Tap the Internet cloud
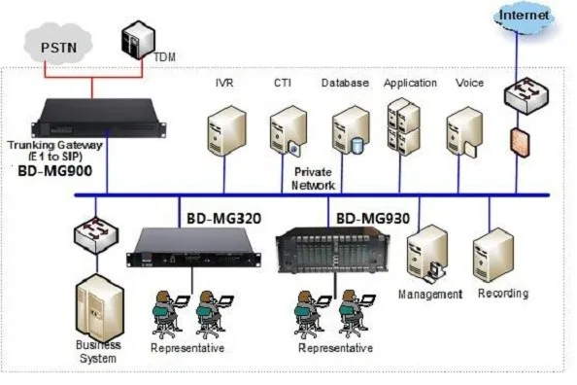coord(526,17)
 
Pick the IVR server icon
coord(223,133)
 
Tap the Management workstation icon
coord(428,254)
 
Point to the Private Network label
coord(315,178)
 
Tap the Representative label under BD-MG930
coord(335,347)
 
